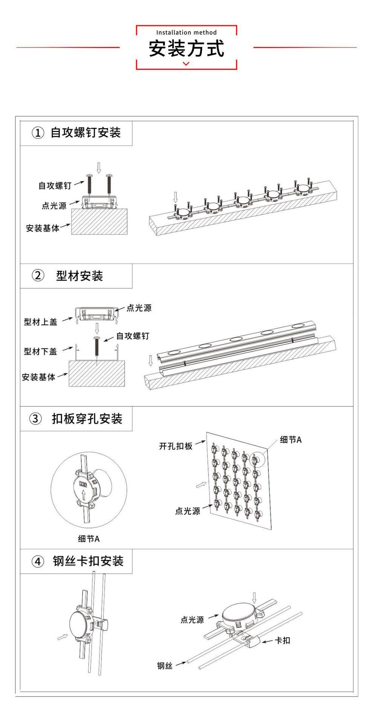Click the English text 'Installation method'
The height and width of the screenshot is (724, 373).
coord(186,32)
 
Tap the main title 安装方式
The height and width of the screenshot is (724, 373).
coord(186,49)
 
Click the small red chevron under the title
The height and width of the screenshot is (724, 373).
coord(186,63)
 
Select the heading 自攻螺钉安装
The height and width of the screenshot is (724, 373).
coord(86,133)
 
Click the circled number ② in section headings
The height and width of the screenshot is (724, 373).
coord(37,276)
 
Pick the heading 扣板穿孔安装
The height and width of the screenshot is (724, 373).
coord(87,419)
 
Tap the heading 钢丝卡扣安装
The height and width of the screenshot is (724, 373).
coord(88,561)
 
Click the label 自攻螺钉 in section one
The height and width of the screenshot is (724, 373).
coord(55,186)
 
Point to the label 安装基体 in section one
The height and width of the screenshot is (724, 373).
coord(43,228)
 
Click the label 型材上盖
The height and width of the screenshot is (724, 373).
coord(40,322)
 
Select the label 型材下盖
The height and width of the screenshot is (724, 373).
coord(40,351)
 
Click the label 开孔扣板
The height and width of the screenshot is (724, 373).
coord(176,446)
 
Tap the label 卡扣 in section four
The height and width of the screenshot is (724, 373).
coord(282,640)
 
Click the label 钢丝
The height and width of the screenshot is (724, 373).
coord(165,666)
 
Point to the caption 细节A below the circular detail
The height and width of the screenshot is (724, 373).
coord(89,539)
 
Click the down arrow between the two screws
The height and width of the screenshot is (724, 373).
coord(99,167)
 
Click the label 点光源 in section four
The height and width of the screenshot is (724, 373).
coord(192,620)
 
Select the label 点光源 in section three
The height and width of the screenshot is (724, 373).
coord(187,511)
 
